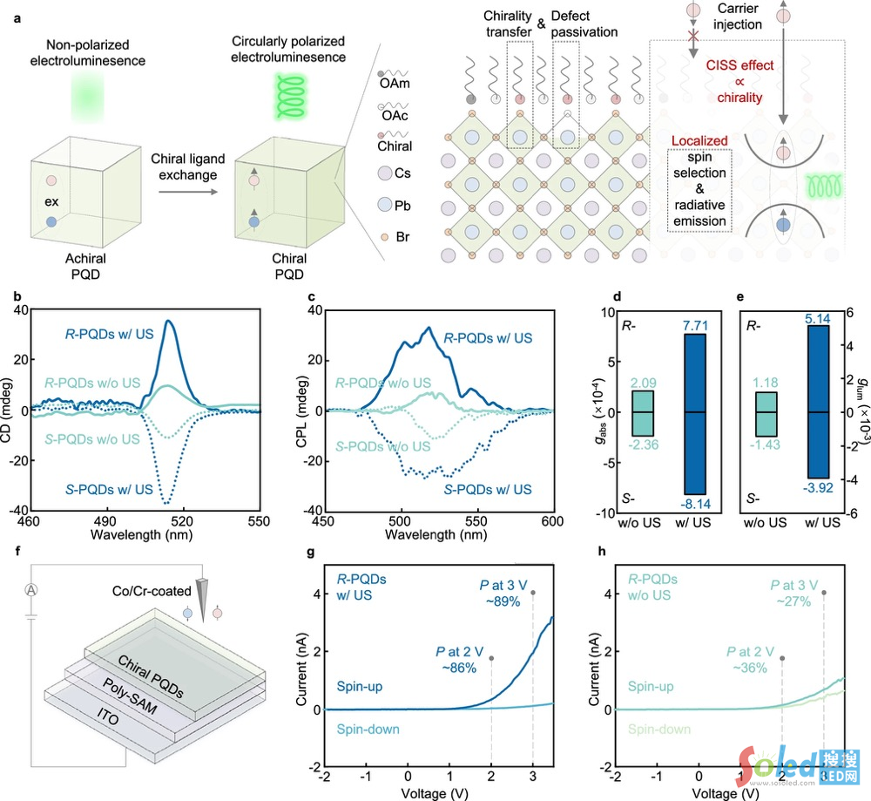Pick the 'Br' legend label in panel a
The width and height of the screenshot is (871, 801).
click(398, 237)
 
